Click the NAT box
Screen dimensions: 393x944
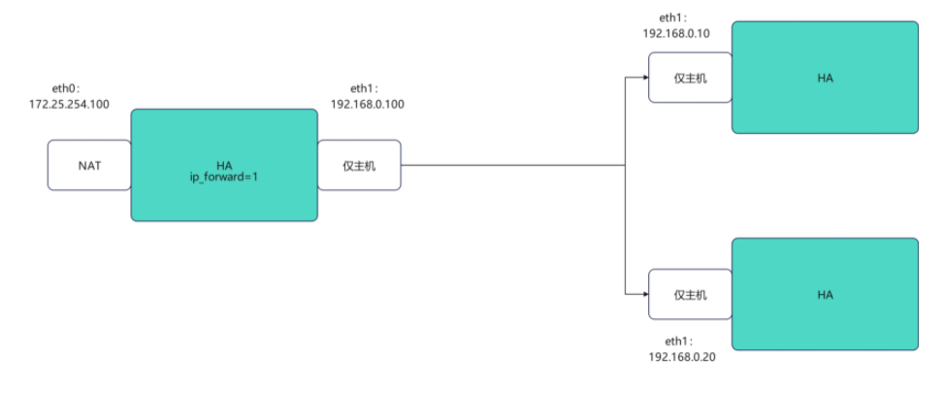click(89, 165)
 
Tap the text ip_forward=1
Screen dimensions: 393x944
click(224, 178)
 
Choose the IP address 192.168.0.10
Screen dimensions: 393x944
click(676, 33)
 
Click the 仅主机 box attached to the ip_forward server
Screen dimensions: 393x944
click(359, 165)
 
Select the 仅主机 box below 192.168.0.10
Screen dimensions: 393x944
click(690, 78)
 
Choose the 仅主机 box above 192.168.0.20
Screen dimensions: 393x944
click(690, 294)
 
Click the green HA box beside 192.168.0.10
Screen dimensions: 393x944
click(825, 78)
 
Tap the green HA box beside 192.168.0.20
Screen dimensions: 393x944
click(825, 294)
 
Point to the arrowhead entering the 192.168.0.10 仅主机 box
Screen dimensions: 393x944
click(644, 78)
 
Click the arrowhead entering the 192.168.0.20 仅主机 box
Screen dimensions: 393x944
click(644, 294)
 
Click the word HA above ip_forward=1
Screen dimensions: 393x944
click(224, 165)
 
